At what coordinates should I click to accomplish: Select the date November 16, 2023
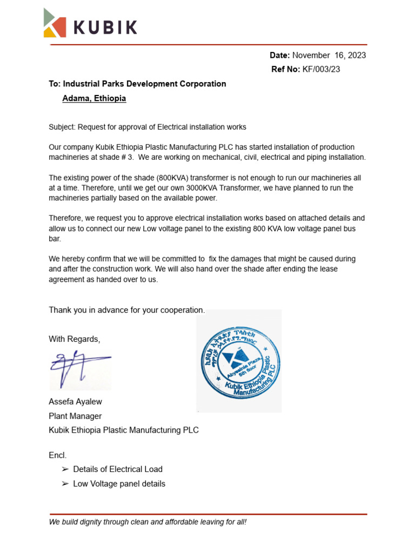point(329,55)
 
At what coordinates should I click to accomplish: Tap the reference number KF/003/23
point(321,69)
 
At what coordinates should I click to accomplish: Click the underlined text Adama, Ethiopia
point(94,98)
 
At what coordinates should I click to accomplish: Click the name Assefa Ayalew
point(75,402)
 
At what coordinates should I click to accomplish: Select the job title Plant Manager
point(75,416)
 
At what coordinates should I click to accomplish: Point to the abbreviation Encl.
point(58,455)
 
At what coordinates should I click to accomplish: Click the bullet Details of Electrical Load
point(117,469)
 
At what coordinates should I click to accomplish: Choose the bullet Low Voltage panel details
point(119,484)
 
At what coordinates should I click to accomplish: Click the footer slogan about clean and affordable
point(148,522)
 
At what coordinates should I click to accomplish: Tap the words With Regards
point(75,339)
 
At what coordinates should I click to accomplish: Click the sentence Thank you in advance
point(127,310)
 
